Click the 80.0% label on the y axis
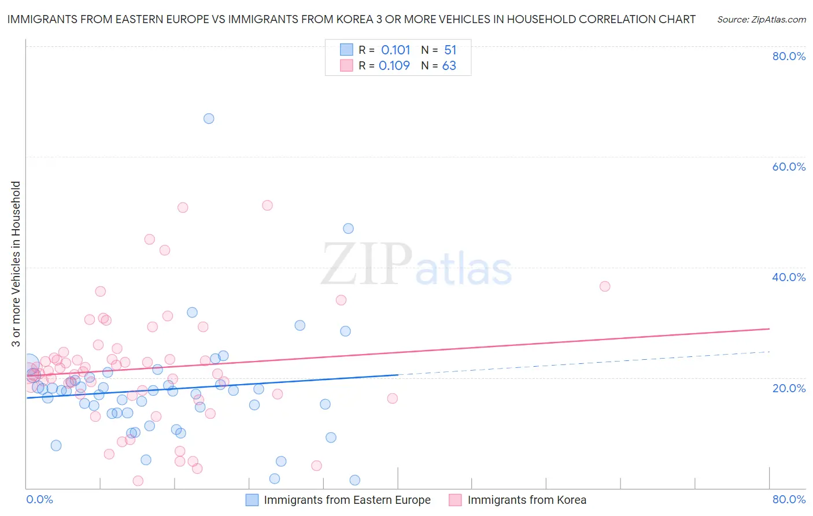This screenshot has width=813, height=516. click(x=789, y=56)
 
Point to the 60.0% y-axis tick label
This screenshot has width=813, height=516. click(x=789, y=167)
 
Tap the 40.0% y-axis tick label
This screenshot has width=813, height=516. click(x=789, y=277)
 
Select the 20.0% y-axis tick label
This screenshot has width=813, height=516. click(x=789, y=388)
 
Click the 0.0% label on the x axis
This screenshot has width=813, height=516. click(x=39, y=499)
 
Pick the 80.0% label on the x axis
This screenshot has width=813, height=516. click(x=789, y=499)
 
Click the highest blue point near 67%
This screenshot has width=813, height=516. click(x=209, y=119)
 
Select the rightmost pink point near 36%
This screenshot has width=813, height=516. click(x=605, y=286)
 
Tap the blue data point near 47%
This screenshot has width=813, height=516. click(x=348, y=228)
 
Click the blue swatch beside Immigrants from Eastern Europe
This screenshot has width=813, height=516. click(x=252, y=500)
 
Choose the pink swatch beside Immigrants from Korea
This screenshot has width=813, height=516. click(x=456, y=500)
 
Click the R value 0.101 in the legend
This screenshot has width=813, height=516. click(x=396, y=50)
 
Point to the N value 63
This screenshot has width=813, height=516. click(x=449, y=66)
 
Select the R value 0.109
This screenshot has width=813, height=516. click(x=394, y=66)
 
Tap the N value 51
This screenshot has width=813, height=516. click(x=450, y=50)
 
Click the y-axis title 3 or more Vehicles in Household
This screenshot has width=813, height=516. click(x=16, y=264)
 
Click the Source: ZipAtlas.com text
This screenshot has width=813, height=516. click(x=761, y=20)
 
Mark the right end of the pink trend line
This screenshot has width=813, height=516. click(x=769, y=329)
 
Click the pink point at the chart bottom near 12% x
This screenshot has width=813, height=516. click(x=138, y=481)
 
